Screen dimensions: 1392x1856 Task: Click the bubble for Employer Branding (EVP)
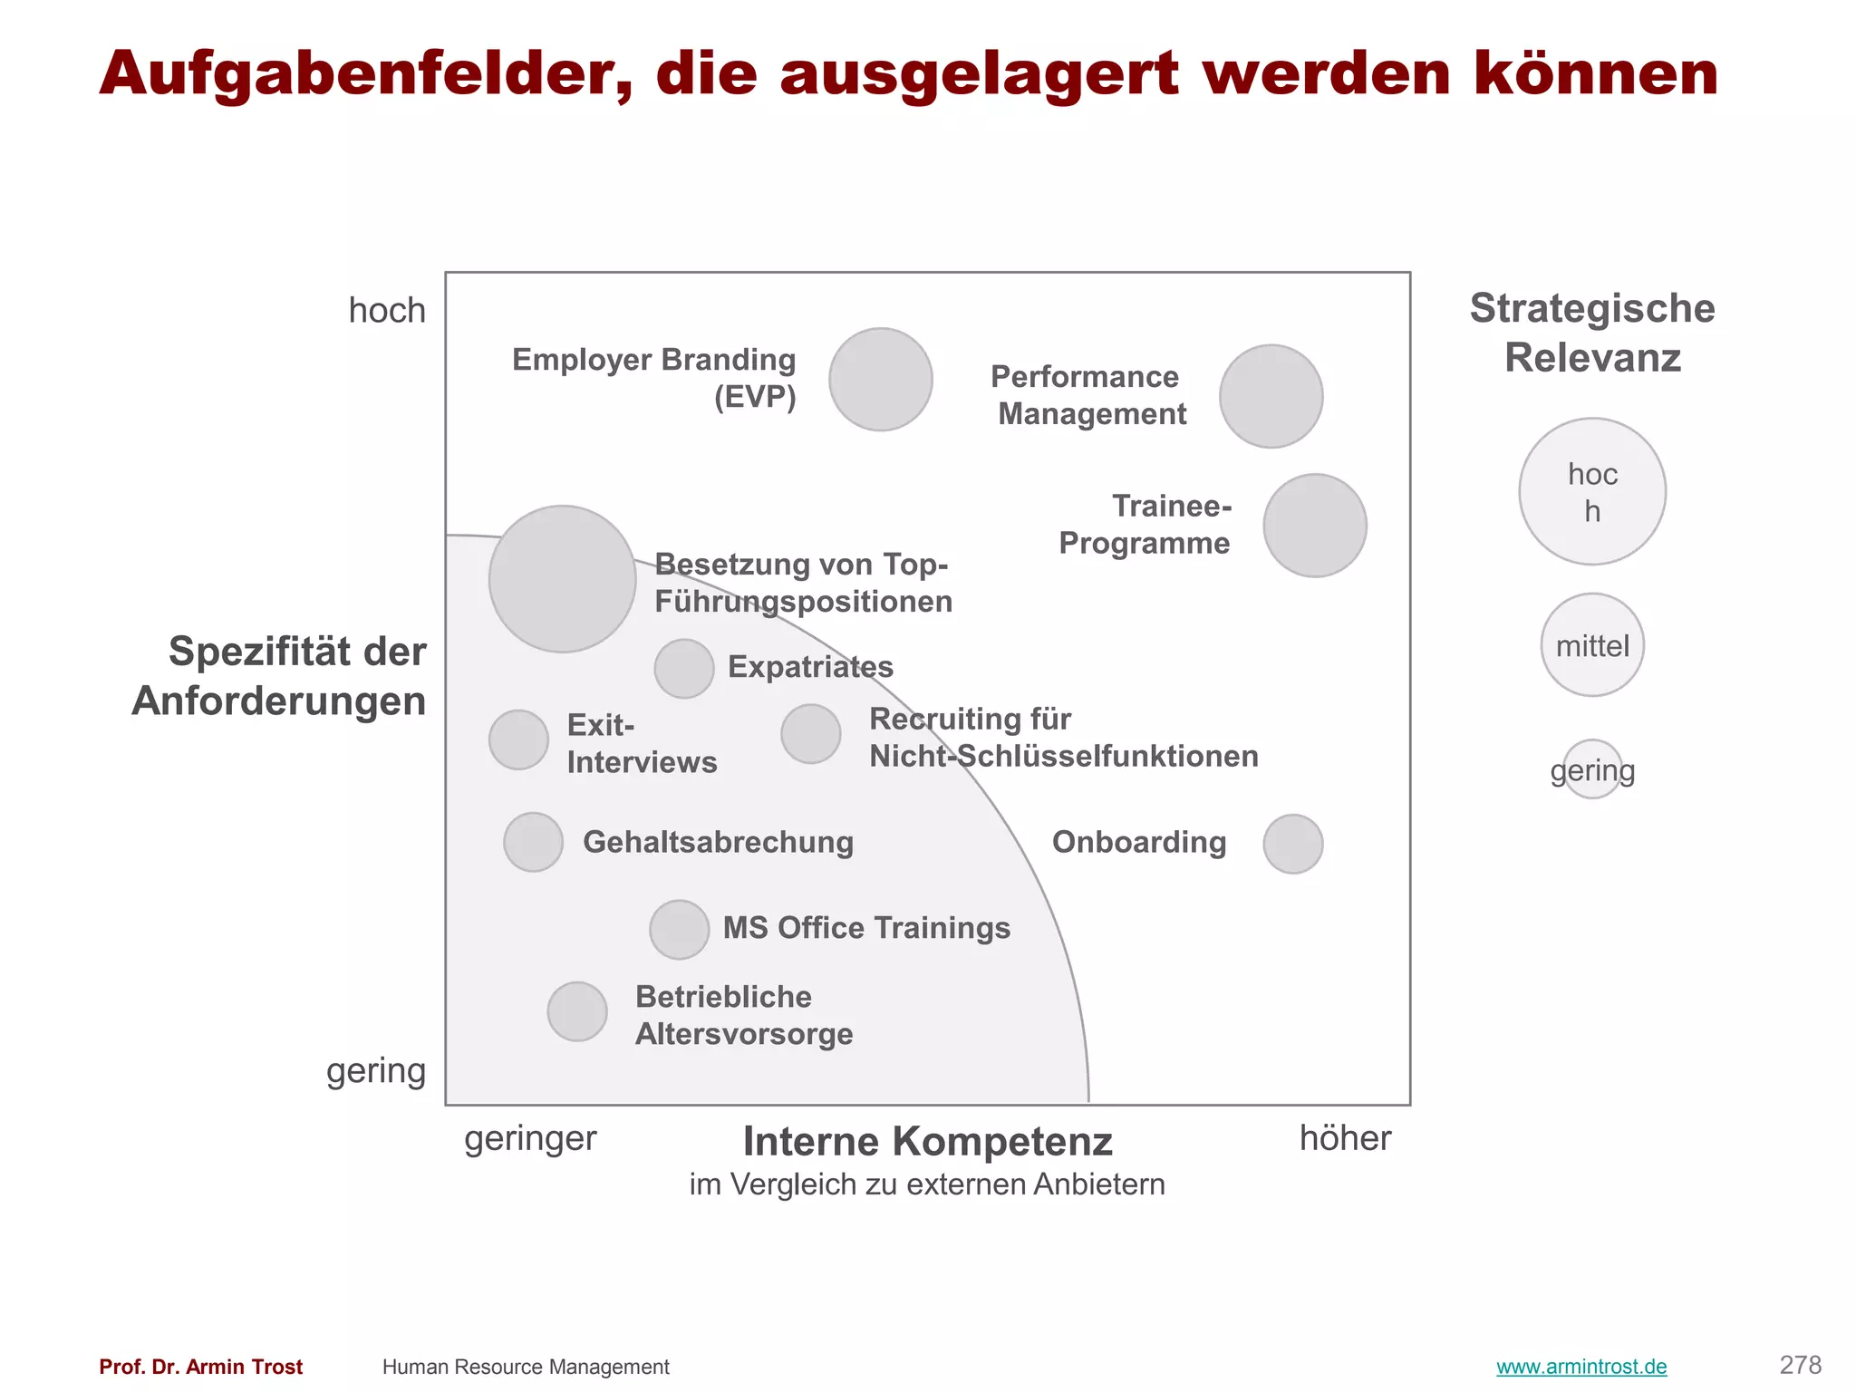tap(880, 379)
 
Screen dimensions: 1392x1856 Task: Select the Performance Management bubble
tap(1271, 396)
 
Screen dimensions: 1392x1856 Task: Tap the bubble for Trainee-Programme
tap(1314, 526)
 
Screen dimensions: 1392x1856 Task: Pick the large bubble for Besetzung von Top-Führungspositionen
tap(562, 579)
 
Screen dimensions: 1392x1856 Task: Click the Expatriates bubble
tap(683, 669)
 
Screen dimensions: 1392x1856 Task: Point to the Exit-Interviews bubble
tap(518, 739)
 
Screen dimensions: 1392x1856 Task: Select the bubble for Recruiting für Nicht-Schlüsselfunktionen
tap(810, 734)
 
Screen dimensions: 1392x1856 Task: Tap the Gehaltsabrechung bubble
tap(533, 842)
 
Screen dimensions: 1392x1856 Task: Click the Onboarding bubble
tap(1292, 844)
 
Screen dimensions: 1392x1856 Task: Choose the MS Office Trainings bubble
tap(679, 930)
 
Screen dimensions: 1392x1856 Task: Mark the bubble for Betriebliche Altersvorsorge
tap(577, 1011)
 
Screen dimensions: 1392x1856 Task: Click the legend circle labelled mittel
tap(1591, 645)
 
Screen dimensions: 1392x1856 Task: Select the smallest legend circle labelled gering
tap(1591, 769)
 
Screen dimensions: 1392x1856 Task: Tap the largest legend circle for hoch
tap(1591, 491)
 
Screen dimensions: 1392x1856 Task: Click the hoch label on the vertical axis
tap(387, 311)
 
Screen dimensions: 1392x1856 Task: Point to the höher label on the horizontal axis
tap(1345, 1138)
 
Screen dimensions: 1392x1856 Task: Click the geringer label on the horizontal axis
tap(530, 1138)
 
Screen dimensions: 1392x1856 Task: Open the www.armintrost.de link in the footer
tap(1580, 1367)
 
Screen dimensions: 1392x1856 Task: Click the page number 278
tap(1800, 1365)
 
